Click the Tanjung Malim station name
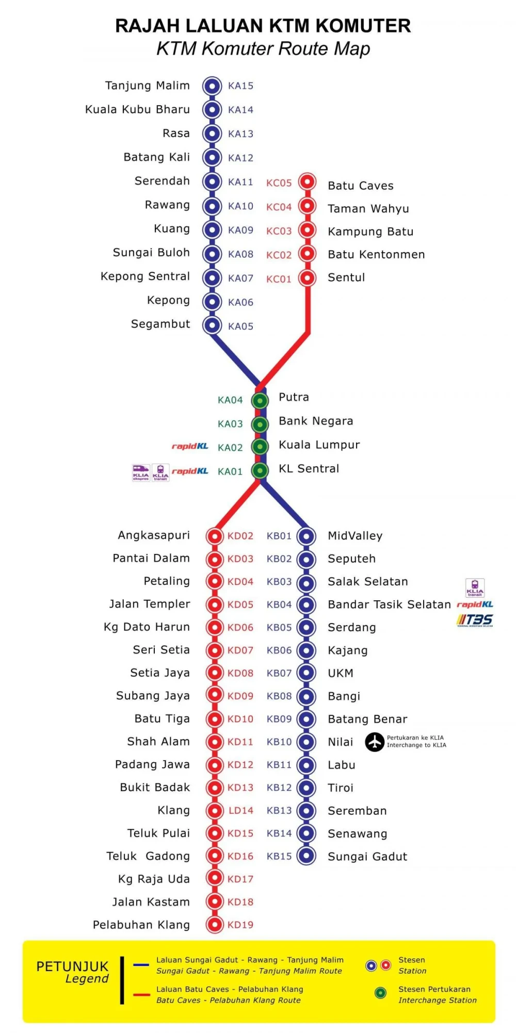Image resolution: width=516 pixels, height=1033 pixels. [x=147, y=86]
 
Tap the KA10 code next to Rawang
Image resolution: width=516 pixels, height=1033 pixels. [x=240, y=206]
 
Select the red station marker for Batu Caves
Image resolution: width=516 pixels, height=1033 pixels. [x=308, y=182]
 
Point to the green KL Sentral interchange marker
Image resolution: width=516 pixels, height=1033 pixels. [x=260, y=470]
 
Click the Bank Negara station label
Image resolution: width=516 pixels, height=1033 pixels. [x=316, y=421]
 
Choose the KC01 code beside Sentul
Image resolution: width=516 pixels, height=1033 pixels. [x=279, y=279]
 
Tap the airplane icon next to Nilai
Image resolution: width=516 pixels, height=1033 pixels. [x=375, y=742]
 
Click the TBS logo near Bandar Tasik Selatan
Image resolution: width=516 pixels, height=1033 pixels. [x=475, y=620]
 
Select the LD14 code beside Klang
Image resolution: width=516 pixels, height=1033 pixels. [x=241, y=810]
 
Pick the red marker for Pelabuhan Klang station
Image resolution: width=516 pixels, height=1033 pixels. [x=214, y=924]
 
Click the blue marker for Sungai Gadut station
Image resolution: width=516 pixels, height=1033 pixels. [x=307, y=856]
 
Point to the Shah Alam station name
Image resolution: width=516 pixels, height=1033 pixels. [x=158, y=741]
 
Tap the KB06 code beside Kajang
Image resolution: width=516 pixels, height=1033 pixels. [x=279, y=650]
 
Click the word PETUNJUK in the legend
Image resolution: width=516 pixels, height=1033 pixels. [x=72, y=966]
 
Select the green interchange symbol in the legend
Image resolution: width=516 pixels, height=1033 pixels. [x=381, y=993]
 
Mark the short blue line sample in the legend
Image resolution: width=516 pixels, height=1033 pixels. [x=141, y=964]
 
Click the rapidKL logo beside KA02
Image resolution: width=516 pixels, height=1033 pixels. [x=190, y=446]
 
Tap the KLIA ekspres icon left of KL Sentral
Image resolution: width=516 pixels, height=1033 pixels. [x=141, y=472]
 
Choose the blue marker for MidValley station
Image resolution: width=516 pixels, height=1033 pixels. [x=307, y=536]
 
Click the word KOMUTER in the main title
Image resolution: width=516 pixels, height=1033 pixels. [x=363, y=26]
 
